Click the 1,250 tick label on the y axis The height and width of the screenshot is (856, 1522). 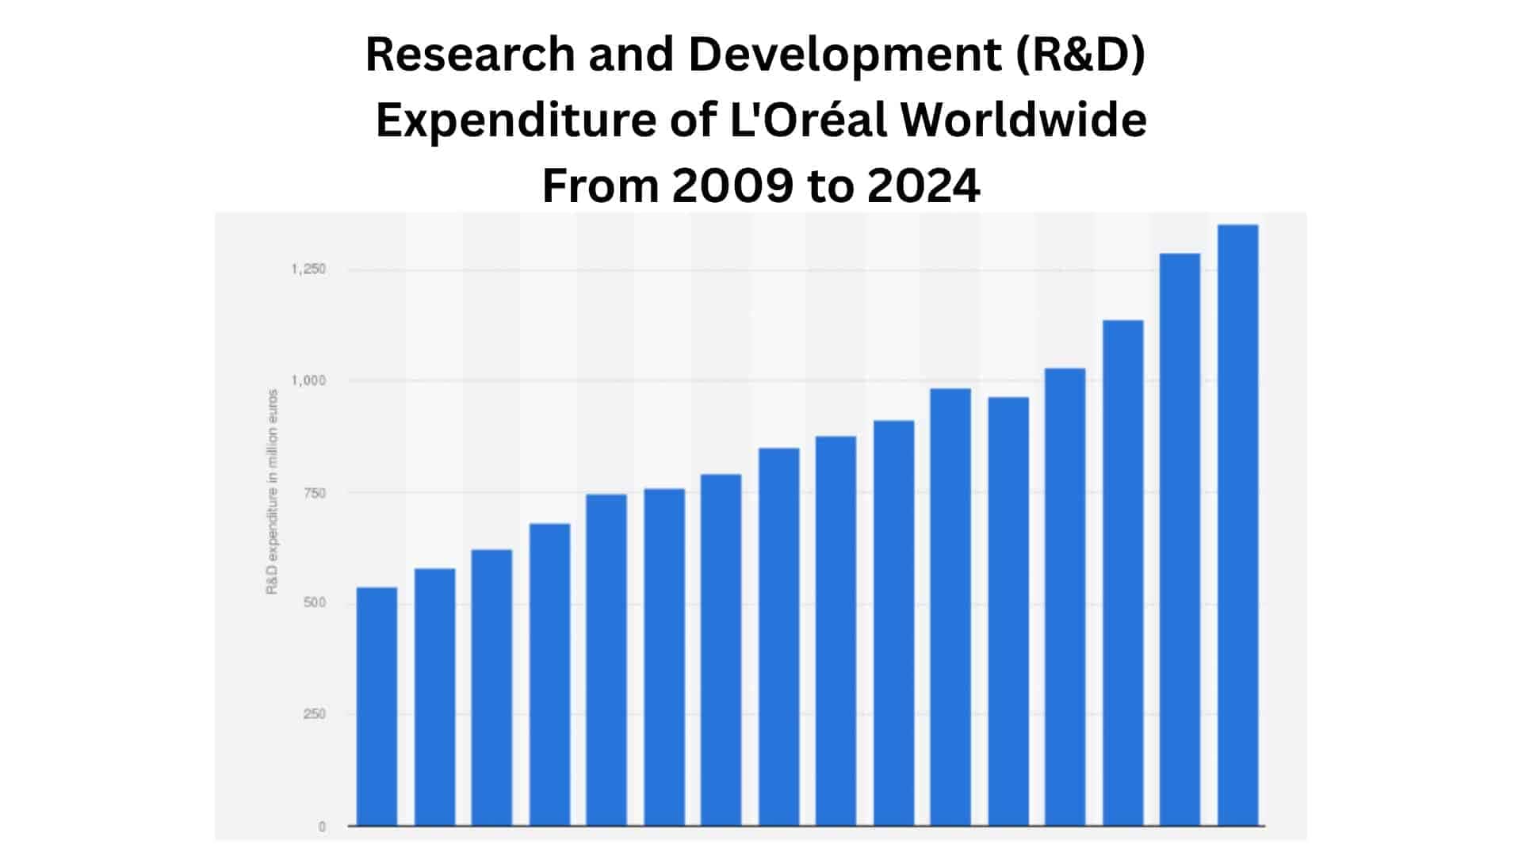pos(308,269)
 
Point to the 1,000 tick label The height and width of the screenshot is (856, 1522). pos(308,380)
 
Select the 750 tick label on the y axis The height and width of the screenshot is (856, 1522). pos(314,493)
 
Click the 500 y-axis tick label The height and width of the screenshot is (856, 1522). pos(314,603)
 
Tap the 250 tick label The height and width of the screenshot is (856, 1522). pos(314,714)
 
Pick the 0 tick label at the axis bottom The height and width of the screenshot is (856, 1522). pos(322,827)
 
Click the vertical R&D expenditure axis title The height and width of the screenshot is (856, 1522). pos(272,491)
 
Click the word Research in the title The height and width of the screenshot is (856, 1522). pos(470,55)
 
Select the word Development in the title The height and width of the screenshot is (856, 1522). pos(840,55)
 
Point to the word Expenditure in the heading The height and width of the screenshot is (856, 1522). pos(515,120)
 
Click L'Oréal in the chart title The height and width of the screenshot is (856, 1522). pos(807,120)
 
